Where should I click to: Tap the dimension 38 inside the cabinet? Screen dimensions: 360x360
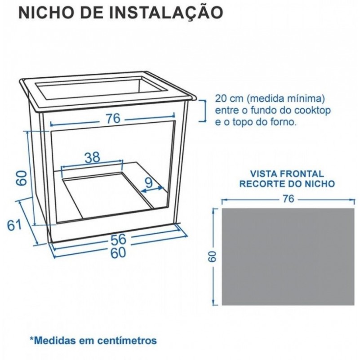coord(93,157)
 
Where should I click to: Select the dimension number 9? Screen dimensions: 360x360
coord(149,183)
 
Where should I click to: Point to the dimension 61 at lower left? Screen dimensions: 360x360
coord(14,225)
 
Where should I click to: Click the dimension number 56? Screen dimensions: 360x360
coord(119,239)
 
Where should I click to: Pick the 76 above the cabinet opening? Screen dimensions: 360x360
coord(113,119)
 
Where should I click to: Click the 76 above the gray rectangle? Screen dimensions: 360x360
coord(289,199)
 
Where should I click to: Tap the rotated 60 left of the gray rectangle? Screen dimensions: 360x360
coord(213,257)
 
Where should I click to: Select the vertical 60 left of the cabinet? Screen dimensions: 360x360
coord(22,178)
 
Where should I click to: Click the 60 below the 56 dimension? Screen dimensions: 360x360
coord(118,253)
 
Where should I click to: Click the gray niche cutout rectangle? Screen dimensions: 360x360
coord(288,257)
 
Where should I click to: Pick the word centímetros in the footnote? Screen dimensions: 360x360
coord(127,340)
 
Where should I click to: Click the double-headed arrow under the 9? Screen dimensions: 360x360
coord(152,189)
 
